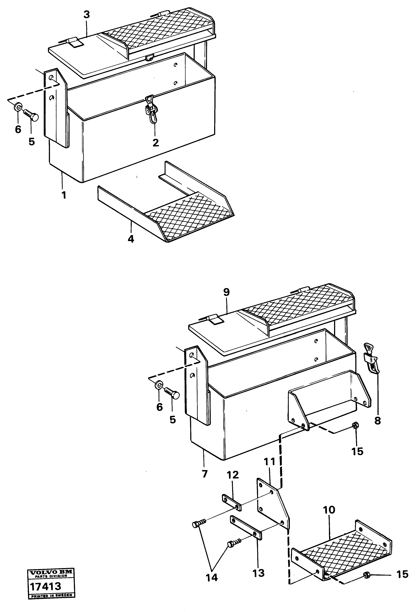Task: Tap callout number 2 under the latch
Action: pos(156,143)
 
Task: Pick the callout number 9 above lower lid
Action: pos(226,292)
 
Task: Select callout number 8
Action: pos(378,421)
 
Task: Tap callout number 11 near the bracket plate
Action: pos(270,461)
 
